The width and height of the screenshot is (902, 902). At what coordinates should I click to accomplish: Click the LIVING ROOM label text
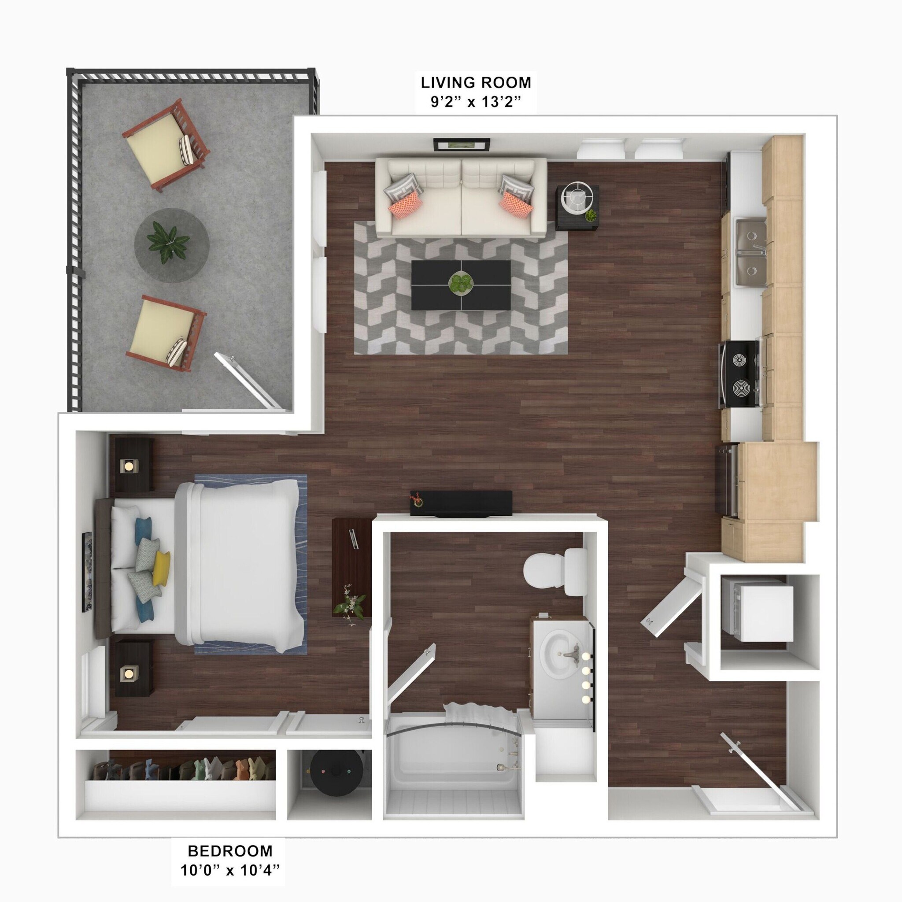click(x=476, y=83)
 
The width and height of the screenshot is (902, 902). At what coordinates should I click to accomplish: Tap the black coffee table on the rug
click(x=461, y=285)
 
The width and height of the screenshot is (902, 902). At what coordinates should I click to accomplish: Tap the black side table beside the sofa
click(x=577, y=207)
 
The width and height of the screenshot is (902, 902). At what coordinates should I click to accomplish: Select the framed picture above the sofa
click(x=462, y=145)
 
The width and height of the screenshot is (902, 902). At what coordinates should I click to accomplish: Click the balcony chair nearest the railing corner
click(x=166, y=145)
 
